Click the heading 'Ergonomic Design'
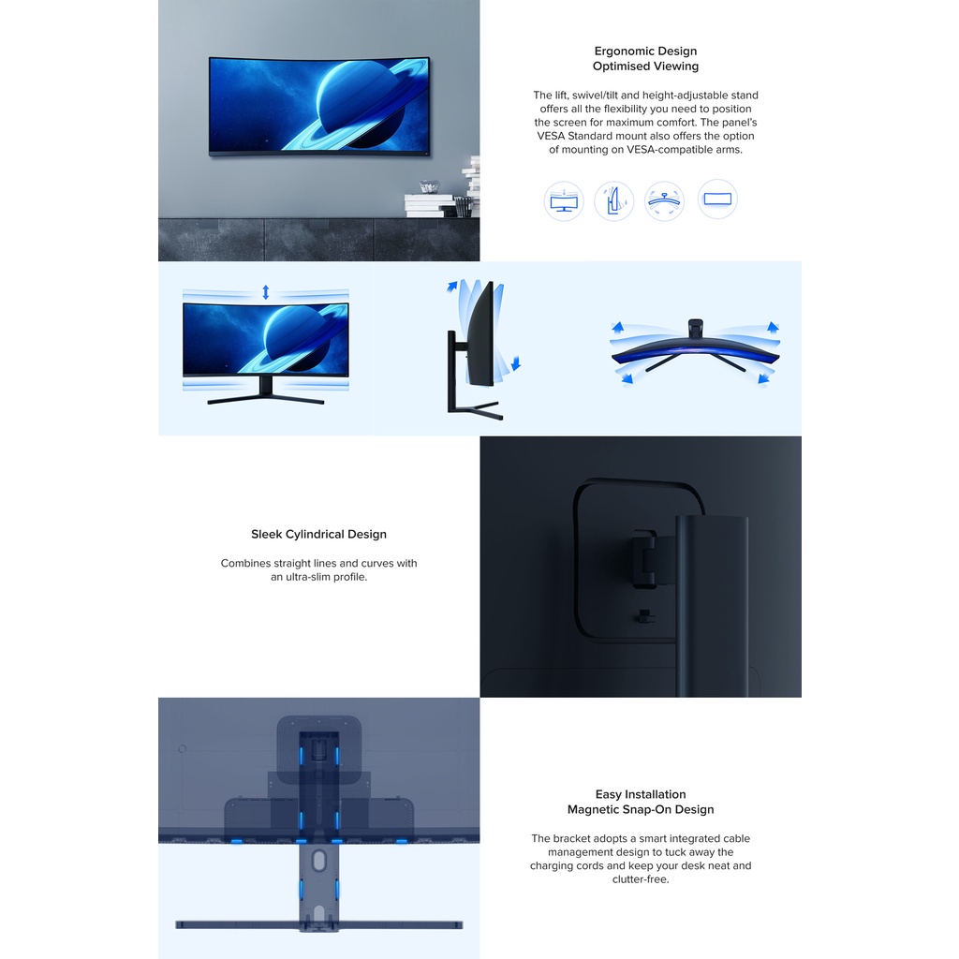[645, 52]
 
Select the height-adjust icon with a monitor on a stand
[563, 200]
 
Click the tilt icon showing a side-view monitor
[613, 200]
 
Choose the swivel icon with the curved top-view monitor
[664, 200]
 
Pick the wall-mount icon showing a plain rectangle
[717, 199]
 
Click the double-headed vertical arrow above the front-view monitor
[265, 292]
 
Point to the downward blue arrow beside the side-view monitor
[516, 363]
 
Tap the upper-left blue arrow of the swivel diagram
[617, 327]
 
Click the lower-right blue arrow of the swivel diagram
[762, 379]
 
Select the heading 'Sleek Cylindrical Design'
[318, 534]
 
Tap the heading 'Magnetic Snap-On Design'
[641, 809]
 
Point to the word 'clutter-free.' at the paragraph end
[641, 879]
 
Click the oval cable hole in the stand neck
[318, 861]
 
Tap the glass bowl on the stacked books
[429, 186]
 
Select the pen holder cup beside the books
[463, 207]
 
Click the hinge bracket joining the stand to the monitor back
[644, 558]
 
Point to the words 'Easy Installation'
[641, 794]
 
